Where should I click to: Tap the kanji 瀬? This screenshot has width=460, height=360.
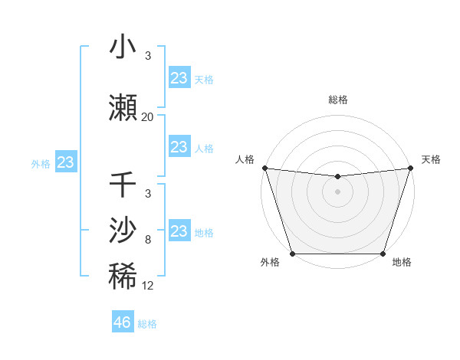pyautogui.click(x=123, y=108)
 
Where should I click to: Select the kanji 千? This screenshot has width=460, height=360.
pyautogui.click(x=123, y=185)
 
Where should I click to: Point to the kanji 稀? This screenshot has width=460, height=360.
pyautogui.click(x=123, y=277)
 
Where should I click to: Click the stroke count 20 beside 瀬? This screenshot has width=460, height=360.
pyautogui.click(x=148, y=117)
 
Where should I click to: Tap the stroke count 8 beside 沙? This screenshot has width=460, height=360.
pyautogui.click(x=148, y=240)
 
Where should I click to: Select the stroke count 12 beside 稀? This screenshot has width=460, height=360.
pyautogui.click(x=148, y=286)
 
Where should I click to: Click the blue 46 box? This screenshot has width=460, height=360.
pyautogui.click(x=123, y=322)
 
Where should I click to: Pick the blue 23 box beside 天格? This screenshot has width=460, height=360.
pyautogui.click(x=179, y=78)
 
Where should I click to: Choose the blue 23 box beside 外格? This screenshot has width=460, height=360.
pyautogui.click(x=66, y=162)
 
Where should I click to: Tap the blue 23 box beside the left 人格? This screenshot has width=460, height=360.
pyautogui.click(x=179, y=147)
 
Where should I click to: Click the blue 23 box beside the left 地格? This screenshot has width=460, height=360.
pyautogui.click(x=179, y=231)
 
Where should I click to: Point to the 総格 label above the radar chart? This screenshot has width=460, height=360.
pyautogui.click(x=337, y=100)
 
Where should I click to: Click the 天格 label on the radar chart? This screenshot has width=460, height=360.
pyautogui.click(x=431, y=159)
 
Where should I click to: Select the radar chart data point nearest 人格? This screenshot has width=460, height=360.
pyautogui.click(x=264, y=168)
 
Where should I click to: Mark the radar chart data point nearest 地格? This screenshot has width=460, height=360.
pyautogui.click(x=383, y=254)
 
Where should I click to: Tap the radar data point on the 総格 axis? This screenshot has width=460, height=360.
pyautogui.click(x=337, y=177)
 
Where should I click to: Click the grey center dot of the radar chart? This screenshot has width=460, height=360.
pyautogui.click(x=337, y=191)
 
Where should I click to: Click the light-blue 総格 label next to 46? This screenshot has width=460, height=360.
pyautogui.click(x=148, y=324)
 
